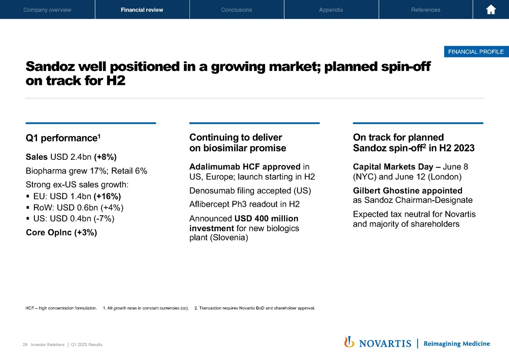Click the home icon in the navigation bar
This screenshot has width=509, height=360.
point(491,10)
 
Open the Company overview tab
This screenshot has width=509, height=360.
point(47,10)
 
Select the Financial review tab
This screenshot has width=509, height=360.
point(142,10)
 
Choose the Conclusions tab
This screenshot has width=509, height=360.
point(236,10)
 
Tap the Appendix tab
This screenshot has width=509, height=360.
point(331,10)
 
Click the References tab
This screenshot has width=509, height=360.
point(425,10)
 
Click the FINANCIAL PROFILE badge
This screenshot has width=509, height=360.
point(476,52)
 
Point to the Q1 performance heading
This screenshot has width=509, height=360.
point(63,138)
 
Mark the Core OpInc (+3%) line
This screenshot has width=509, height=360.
point(61,232)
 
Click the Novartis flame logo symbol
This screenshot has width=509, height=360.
point(349,342)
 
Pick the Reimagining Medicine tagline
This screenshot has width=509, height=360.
point(456,343)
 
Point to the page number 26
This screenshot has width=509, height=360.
point(25,345)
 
